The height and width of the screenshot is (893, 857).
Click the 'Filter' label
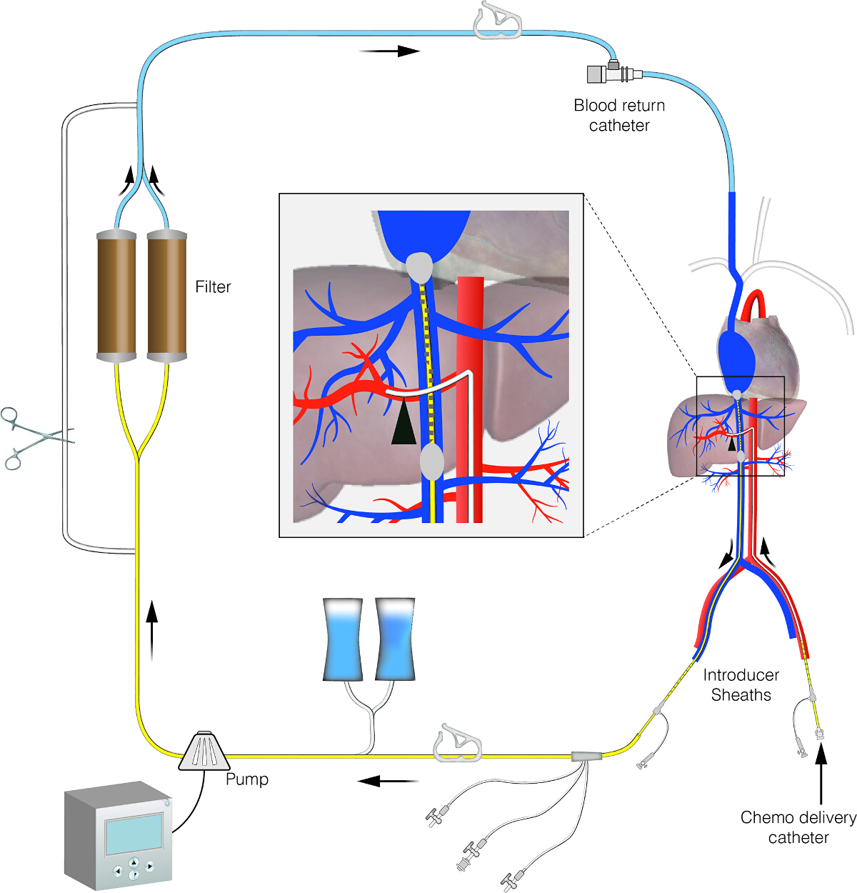click(x=213, y=286)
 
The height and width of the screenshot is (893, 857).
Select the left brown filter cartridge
click(x=116, y=296)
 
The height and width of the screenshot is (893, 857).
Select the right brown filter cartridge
click(x=167, y=296)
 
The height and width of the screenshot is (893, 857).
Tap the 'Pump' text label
click(x=247, y=779)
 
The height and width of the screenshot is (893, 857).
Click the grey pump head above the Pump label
click(x=204, y=751)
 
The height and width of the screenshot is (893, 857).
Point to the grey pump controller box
click(x=118, y=835)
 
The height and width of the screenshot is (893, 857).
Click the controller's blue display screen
click(x=134, y=834)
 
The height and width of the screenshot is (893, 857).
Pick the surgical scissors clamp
click(x=36, y=438)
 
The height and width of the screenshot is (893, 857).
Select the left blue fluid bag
click(x=343, y=639)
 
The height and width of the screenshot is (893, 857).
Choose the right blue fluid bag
click(x=395, y=639)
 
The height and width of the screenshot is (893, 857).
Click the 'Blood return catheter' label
click(x=619, y=115)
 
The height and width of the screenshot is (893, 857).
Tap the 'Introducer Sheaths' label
click(x=741, y=684)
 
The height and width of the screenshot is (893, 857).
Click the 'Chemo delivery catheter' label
click(x=798, y=827)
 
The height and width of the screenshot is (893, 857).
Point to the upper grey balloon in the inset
click(x=420, y=267)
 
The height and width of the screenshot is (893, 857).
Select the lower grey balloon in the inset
click(x=431, y=462)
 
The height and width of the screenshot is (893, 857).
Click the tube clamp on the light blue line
click(x=498, y=21)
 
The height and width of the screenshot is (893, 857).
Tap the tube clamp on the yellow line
click(x=457, y=743)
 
